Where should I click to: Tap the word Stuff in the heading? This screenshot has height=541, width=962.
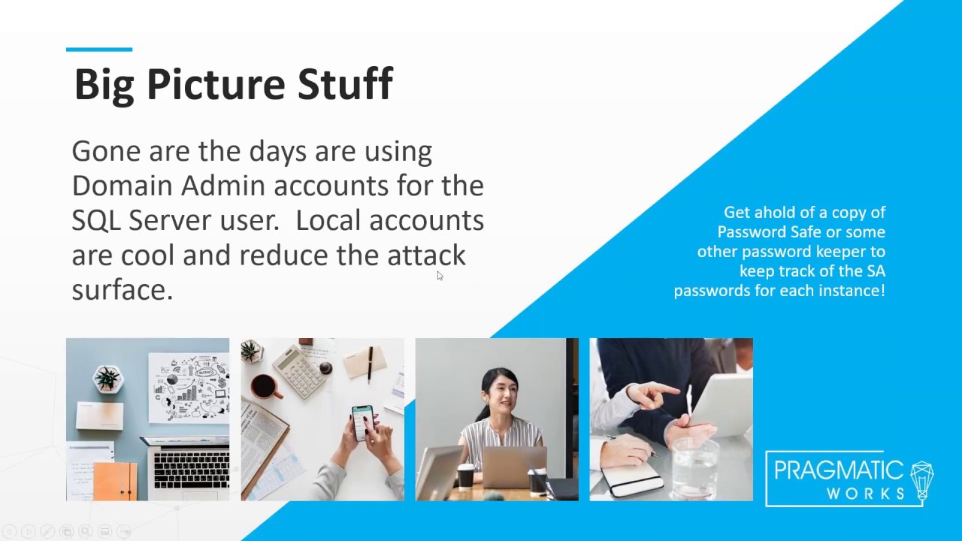click(x=345, y=84)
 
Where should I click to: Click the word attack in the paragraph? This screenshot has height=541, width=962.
click(x=426, y=255)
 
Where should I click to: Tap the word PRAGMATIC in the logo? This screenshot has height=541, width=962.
click(x=839, y=471)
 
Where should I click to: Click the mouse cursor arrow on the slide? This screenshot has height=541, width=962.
click(x=440, y=276)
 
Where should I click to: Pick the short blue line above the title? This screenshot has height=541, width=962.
click(x=99, y=50)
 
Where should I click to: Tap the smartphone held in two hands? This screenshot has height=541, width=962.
click(x=363, y=422)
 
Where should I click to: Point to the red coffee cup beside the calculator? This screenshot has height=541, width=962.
click(x=263, y=386)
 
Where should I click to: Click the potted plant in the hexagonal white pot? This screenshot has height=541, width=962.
click(x=107, y=378)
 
